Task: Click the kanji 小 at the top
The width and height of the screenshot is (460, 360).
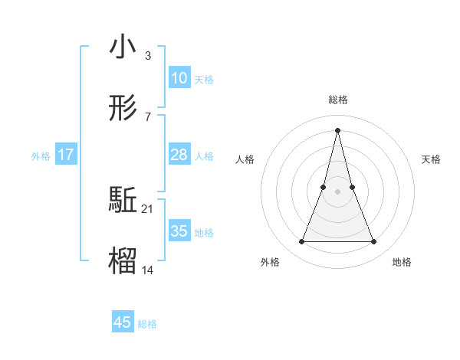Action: click(123, 47)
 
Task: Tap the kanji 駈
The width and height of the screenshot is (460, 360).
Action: click(123, 201)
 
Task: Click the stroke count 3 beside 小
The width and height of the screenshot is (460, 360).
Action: click(147, 56)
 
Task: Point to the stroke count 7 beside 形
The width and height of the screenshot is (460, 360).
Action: click(147, 116)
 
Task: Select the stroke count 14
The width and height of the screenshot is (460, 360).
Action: click(148, 270)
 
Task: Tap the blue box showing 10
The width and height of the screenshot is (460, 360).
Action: click(179, 78)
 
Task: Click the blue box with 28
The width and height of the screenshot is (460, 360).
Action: click(179, 155)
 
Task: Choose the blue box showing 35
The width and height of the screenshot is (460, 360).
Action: click(179, 231)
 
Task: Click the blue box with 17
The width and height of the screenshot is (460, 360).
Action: click(65, 155)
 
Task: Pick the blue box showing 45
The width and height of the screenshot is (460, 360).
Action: click(123, 322)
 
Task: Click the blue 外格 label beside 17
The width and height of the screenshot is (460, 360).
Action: click(41, 155)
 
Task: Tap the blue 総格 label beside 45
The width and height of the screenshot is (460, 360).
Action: click(147, 323)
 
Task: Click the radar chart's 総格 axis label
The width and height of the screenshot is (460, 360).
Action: click(338, 100)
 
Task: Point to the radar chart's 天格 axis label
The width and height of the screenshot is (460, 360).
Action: click(432, 159)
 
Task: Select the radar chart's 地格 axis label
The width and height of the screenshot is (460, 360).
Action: click(402, 263)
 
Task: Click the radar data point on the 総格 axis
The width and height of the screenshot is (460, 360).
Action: click(338, 129)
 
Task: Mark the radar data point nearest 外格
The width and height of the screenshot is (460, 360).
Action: click(302, 242)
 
